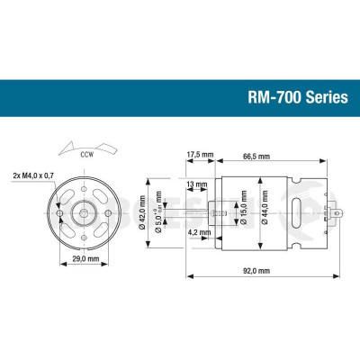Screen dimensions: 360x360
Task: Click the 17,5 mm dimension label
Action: point(200,154)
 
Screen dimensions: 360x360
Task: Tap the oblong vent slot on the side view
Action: point(298,215)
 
